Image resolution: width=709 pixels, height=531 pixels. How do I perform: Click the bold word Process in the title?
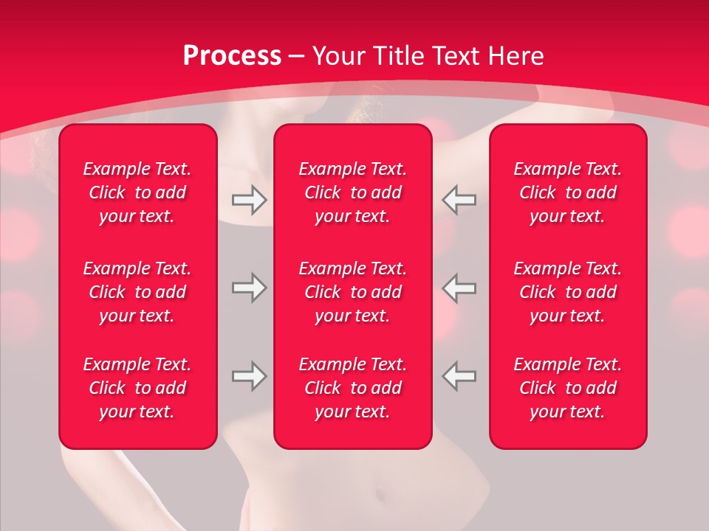click(x=232, y=56)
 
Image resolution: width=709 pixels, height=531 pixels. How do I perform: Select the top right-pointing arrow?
click(x=249, y=200)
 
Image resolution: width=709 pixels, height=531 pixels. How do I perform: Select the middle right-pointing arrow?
click(x=249, y=288)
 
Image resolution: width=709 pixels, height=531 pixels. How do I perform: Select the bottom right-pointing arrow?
click(x=249, y=376)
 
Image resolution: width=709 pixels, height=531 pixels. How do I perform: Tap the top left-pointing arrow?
click(x=459, y=200)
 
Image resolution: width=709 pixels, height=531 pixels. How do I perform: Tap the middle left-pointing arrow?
click(x=459, y=288)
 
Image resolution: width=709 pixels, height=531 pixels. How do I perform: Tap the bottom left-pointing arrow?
click(x=459, y=376)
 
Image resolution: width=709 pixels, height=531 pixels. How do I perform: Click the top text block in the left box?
click(x=137, y=192)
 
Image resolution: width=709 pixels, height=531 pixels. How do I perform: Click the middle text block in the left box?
click(x=137, y=292)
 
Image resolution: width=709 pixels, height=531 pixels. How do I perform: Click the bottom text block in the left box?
click(x=137, y=388)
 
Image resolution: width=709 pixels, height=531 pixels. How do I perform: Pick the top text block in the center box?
click(x=353, y=192)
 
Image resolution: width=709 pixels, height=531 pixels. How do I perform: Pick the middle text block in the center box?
click(x=353, y=292)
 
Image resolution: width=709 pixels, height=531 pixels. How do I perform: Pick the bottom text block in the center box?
click(x=353, y=388)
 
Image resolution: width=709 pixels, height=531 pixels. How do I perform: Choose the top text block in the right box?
click(x=568, y=192)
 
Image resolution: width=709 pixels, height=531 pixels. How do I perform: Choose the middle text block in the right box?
click(x=568, y=292)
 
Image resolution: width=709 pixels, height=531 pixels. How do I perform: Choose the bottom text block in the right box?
click(x=568, y=388)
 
